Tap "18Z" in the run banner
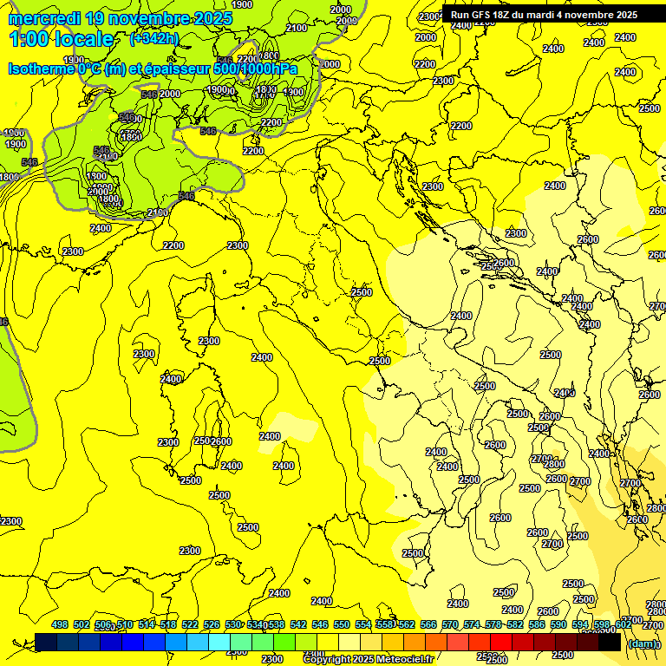pos(508,15)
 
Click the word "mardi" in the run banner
pos(547,15)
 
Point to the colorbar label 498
pos(60,625)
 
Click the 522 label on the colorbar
pos(190,625)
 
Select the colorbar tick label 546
pos(320,625)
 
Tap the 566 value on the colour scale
pos(428,625)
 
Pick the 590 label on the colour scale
pos(558,625)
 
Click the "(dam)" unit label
pos(643,643)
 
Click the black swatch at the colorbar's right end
pos(610,643)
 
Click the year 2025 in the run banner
pos(624,15)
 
